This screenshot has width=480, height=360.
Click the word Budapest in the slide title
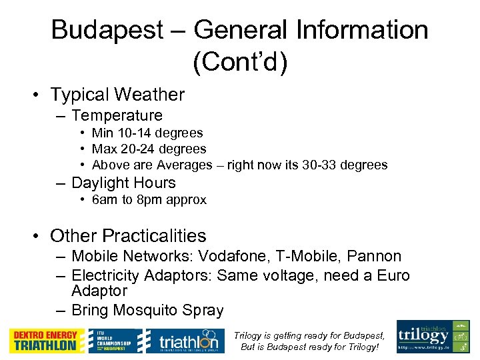[x=107, y=31]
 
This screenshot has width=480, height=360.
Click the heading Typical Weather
[x=117, y=95]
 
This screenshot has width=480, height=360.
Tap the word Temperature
[x=117, y=116]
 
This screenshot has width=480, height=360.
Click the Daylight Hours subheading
[x=123, y=183]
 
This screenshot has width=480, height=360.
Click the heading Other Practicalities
[x=128, y=236]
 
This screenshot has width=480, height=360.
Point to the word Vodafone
[x=244, y=257]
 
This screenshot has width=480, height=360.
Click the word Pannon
[x=377, y=257]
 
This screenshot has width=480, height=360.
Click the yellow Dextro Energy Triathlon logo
[x=47, y=340]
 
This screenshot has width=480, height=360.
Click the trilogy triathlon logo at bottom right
[x=433, y=337]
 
